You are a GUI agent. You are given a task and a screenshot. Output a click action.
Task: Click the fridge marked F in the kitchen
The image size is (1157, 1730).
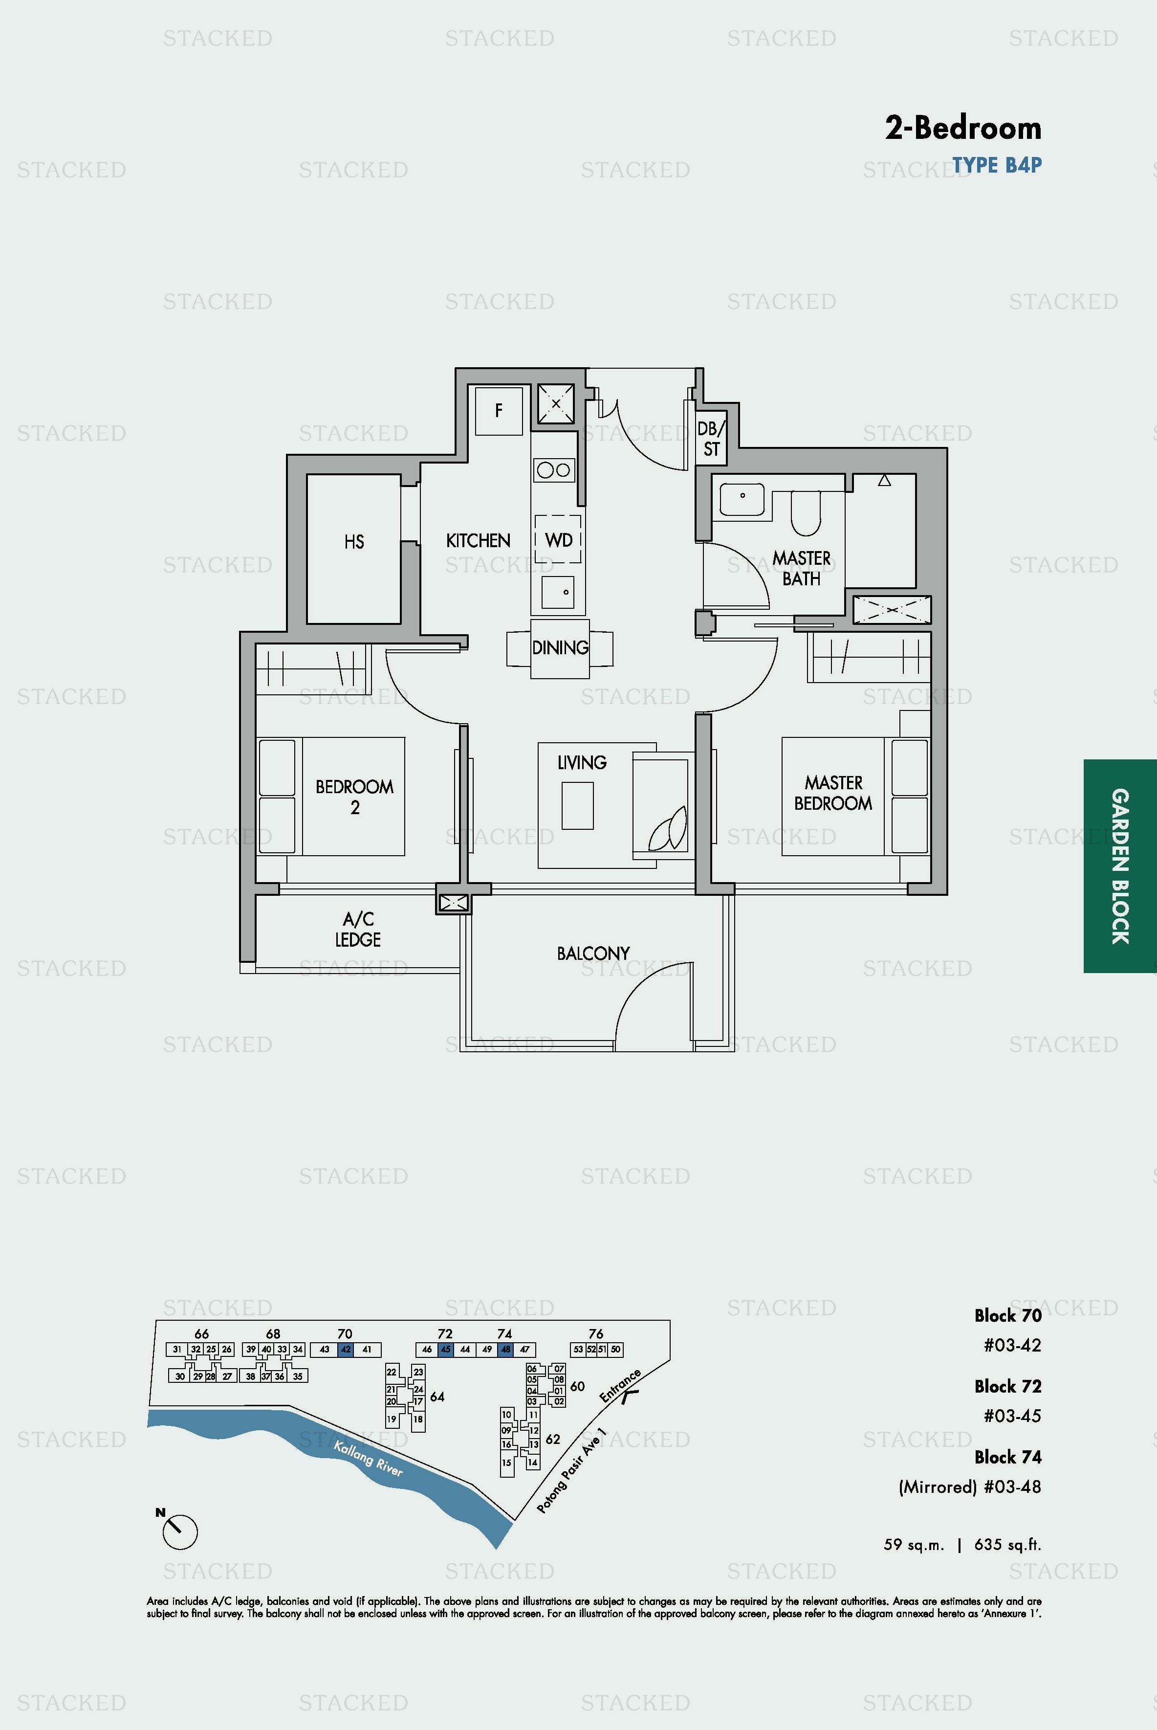(x=499, y=410)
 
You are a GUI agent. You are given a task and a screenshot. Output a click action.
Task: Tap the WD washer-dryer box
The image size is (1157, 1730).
(x=558, y=539)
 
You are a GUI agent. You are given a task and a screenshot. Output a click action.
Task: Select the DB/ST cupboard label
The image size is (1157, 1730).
(x=711, y=439)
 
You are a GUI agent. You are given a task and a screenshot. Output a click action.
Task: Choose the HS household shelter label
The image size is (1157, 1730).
(x=354, y=542)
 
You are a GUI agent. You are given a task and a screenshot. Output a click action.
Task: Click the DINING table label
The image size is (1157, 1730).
(x=560, y=647)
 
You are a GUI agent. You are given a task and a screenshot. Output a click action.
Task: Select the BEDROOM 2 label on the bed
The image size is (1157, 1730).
(x=355, y=797)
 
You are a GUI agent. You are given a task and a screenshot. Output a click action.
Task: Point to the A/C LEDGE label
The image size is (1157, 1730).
(x=359, y=929)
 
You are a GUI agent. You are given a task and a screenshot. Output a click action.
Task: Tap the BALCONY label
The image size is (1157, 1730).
(x=593, y=954)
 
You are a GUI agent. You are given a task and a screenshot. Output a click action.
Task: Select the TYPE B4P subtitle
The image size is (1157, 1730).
(x=997, y=165)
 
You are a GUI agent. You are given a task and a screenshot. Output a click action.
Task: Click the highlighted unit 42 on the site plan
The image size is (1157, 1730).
(x=345, y=1349)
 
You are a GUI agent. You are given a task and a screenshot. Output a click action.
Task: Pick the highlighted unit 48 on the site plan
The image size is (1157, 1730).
(x=505, y=1349)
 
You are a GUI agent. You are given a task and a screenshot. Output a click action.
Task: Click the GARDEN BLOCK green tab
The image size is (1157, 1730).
(x=1120, y=866)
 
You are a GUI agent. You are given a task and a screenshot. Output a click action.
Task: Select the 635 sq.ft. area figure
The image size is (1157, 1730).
(x=1008, y=1545)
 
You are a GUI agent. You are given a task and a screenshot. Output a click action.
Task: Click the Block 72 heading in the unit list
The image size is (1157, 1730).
(x=1008, y=1386)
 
